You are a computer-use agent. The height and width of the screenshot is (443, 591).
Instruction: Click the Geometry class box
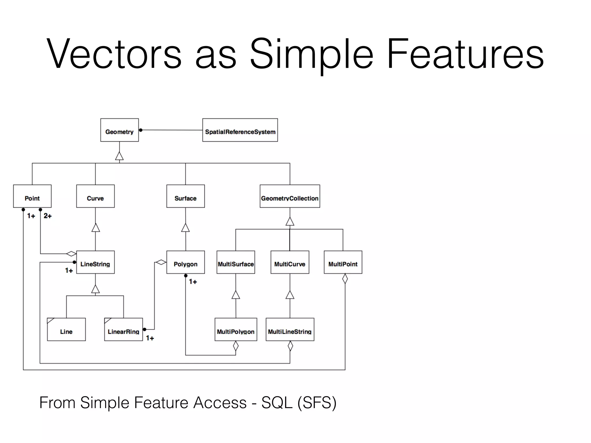119,130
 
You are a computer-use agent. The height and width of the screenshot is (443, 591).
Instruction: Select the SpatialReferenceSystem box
240,130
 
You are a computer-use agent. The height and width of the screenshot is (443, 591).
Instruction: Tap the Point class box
32,196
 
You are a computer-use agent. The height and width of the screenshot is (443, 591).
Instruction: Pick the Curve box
95,196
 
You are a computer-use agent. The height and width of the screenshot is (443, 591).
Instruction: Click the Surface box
186,196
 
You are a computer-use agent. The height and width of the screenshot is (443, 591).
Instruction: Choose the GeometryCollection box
290,196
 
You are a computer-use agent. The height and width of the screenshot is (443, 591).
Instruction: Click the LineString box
95,262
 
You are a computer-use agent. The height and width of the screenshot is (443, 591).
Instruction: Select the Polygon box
186,262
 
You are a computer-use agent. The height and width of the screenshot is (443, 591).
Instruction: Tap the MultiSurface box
236,262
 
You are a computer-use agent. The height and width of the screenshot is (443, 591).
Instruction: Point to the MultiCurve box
290,262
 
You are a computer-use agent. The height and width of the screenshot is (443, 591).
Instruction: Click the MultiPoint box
343,262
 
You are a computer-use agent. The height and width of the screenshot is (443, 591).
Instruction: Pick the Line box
66,330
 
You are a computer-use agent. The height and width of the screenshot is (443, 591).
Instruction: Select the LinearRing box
124,330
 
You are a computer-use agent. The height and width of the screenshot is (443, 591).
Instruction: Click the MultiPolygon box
236,330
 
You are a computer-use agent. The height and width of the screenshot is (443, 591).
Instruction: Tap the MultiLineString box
290,330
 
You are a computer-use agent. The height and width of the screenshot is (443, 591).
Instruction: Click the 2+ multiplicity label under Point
48,216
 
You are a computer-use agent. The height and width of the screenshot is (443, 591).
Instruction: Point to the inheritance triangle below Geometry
119,156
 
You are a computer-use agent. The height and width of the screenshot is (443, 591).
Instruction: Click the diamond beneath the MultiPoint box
345,279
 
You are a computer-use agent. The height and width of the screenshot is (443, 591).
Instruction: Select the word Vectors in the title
114,54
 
